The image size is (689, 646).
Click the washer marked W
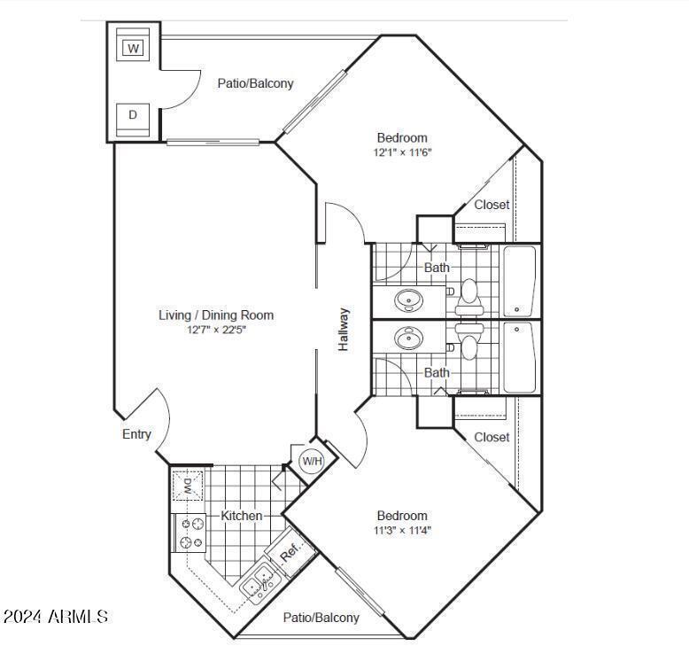pos(133,48)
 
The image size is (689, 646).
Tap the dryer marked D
pos(133,115)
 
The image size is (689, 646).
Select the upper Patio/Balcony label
pos(255,83)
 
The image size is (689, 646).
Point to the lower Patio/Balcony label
pos(321,618)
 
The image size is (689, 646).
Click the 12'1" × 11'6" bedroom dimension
pos(402,152)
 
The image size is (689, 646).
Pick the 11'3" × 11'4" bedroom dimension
pos(402,531)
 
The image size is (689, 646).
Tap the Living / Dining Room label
pos(216,315)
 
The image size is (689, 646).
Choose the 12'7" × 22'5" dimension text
pos(216,330)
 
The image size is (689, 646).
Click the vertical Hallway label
pos(344,330)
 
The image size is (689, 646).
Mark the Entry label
pos(136,434)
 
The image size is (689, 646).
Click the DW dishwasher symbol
pos(189,486)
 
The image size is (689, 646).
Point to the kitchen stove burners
pos(190,533)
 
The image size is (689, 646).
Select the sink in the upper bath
pos(409,300)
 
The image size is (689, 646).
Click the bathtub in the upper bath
pos(519,281)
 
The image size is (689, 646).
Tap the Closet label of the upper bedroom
pos(492,205)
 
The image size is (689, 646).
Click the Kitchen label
pos(241,516)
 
